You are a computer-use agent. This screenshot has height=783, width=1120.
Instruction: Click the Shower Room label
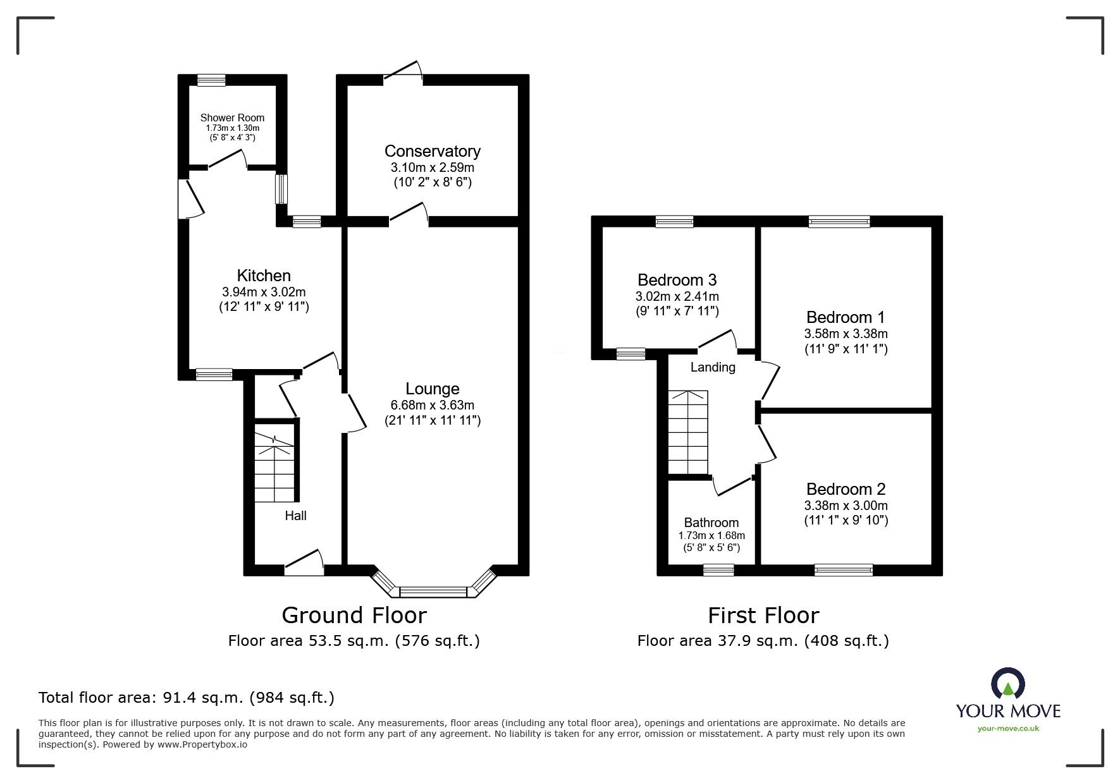coord(232,118)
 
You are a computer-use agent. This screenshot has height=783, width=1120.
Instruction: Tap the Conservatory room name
coord(432,151)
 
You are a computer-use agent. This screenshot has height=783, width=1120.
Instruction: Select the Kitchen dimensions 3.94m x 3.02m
coord(264,292)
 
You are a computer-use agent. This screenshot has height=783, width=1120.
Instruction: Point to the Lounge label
coord(432,389)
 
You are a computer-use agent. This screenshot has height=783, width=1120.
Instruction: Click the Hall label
coord(295,516)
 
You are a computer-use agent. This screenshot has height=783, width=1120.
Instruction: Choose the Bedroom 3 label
coord(677,279)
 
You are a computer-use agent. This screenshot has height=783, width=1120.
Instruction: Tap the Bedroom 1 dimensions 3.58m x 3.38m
coord(846,334)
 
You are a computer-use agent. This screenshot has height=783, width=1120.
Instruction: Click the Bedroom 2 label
coord(846,489)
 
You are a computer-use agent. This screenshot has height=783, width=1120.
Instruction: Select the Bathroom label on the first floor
coord(711,523)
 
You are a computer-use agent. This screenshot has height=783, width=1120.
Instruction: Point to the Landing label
coord(713,367)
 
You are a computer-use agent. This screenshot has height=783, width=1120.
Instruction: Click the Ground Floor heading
coord(354,615)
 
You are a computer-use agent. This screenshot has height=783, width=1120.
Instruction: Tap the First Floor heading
coord(763,615)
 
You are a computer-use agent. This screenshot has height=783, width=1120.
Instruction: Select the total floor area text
coord(187,698)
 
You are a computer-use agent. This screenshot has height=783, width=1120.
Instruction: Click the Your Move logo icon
coord(1007,684)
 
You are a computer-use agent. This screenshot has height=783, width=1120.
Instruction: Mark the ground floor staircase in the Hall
coord(274,464)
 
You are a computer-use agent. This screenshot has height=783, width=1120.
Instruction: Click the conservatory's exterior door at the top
coord(403,71)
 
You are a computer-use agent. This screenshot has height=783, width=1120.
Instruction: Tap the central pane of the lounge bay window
coord(433,592)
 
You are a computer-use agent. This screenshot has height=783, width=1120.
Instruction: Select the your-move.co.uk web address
coord(1007,729)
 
